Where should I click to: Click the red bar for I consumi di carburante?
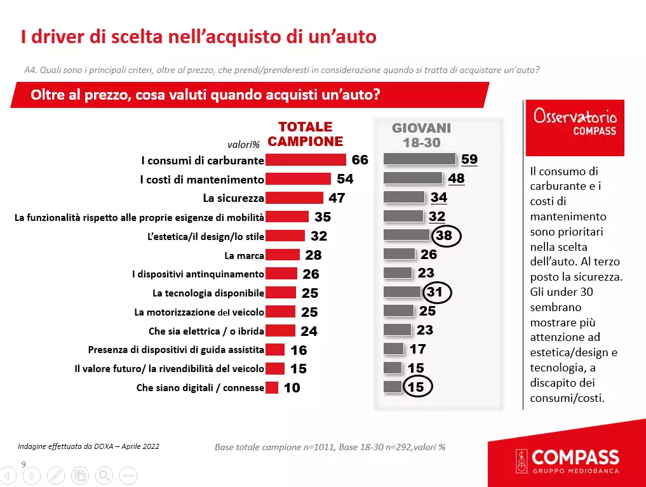tap(306, 160)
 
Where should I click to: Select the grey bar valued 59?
tap(420, 159)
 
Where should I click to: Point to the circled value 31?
tap(436, 293)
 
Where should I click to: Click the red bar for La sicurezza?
tap(294, 198)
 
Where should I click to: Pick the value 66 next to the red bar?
tap(360, 160)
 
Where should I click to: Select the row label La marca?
tap(244, 256)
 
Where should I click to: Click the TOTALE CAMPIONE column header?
tap(306, 134)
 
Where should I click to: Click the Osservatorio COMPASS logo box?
tap(575, 128)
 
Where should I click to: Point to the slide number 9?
tap(24, 464)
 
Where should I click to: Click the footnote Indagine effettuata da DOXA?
tap(88, 446)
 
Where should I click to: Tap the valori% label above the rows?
tap(244, 144)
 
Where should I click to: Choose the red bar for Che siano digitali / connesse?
tap(272, 387)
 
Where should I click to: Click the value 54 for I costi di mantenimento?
tap(345, 179)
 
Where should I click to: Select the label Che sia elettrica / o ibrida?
tap(206, 331)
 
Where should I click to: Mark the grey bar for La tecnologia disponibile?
tap(402, 292)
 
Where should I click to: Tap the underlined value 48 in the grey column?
tap(456, 178)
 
